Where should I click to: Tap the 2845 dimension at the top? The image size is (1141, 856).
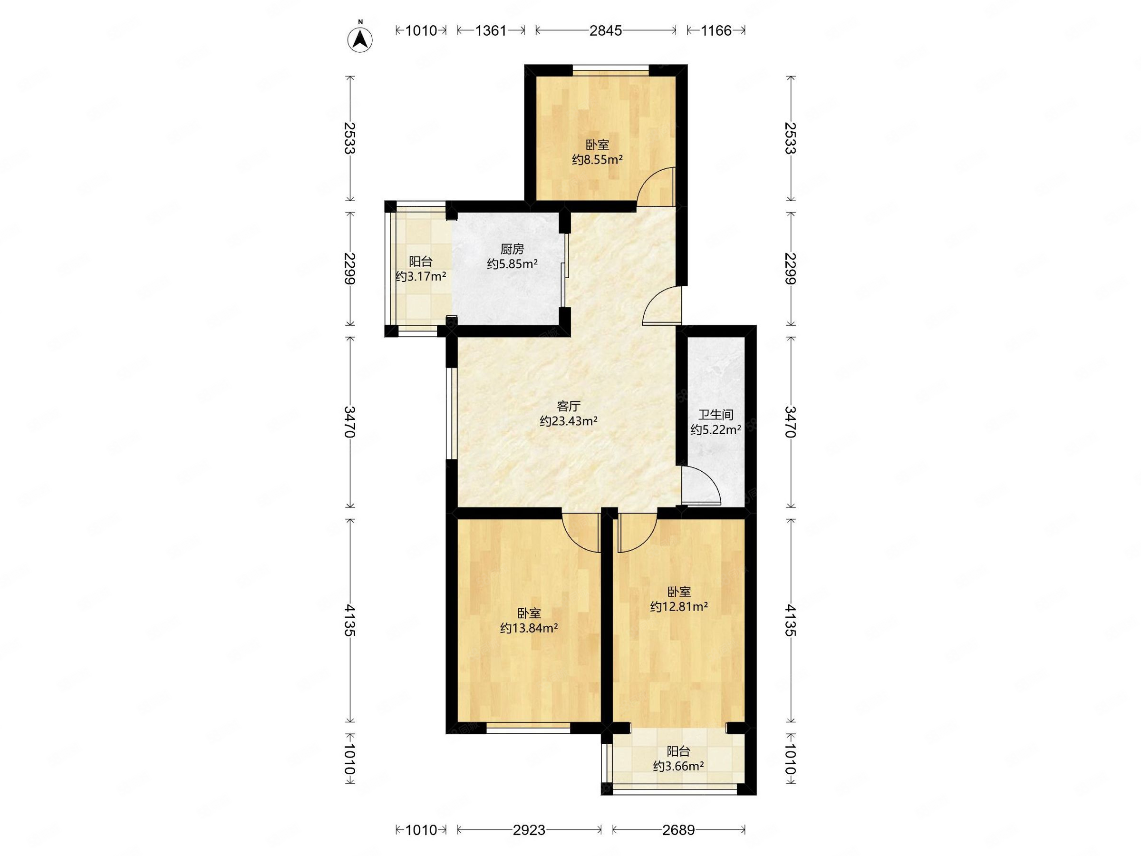pyautogui.click(x=606, y=30)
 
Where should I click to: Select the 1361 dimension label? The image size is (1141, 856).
pyautogui.click(x=491, y=30)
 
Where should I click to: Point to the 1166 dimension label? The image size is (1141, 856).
pyautogui.click(x=716, y=30)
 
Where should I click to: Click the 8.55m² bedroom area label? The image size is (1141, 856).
pyautogui.click(x=597, y=152)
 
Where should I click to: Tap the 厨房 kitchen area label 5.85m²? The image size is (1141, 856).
pyautogui.click(x=512, y=257)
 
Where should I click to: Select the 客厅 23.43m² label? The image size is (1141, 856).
pyautogui.click(x=569, y=413)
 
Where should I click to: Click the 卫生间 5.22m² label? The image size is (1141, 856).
pyautogui.click(x=716, y=422)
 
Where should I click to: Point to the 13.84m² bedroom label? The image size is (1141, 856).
pyautogui.click(x=529, y=621)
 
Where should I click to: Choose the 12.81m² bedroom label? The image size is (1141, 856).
pyautogui.click(x=679, y=599)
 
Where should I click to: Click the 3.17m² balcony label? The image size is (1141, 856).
pyautogui.click(x=420, y=269)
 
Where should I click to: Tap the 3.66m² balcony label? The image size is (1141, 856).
pyautogui.click(x=678, y=759)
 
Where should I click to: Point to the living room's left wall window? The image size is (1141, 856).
pyautogui.click(x=451, y=413)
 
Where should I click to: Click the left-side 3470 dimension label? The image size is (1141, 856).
pyautogui.click(x=350, y=421)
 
